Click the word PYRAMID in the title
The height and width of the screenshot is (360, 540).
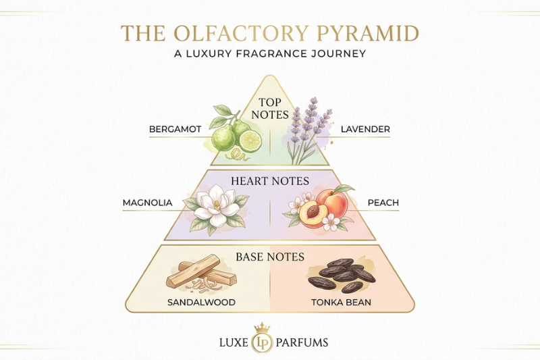pyautogui.click(x=368, y=33)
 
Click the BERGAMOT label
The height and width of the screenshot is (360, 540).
pyautogui.click(x=175, y=130)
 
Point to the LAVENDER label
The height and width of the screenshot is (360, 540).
pyautogui.click(x=365, y=130)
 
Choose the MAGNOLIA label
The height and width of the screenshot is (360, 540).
pyautogui.click(x=147, y=203)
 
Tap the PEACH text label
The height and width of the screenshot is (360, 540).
pyautogui.click(x=383, y=203)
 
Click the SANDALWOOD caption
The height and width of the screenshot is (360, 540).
pyautogui.click(x=201, y=303)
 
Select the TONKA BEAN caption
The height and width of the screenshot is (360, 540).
pyautogui.click(x=341, y=303)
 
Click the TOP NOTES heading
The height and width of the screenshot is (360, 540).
pyautogui.click(x=269, y=108)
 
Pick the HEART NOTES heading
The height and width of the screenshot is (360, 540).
pyautogui.click(x=270, y=181)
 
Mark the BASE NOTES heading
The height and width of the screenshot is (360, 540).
pyautogui.click(x=270, y=257)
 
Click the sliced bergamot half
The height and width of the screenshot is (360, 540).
pyautogui.click(x=250, y=141)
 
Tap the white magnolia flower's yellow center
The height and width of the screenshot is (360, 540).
pyautogui.click(x=217, y=205)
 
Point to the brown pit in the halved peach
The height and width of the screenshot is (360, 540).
pyautogui.click(x=313, y=211)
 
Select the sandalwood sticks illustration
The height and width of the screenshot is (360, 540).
pyautogui.click(x=201, y=272)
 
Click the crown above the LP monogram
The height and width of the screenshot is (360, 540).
pyautogui.click(x=262, y=328)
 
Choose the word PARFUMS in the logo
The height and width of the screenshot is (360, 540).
pyautogui.click(x=302, y=342)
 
